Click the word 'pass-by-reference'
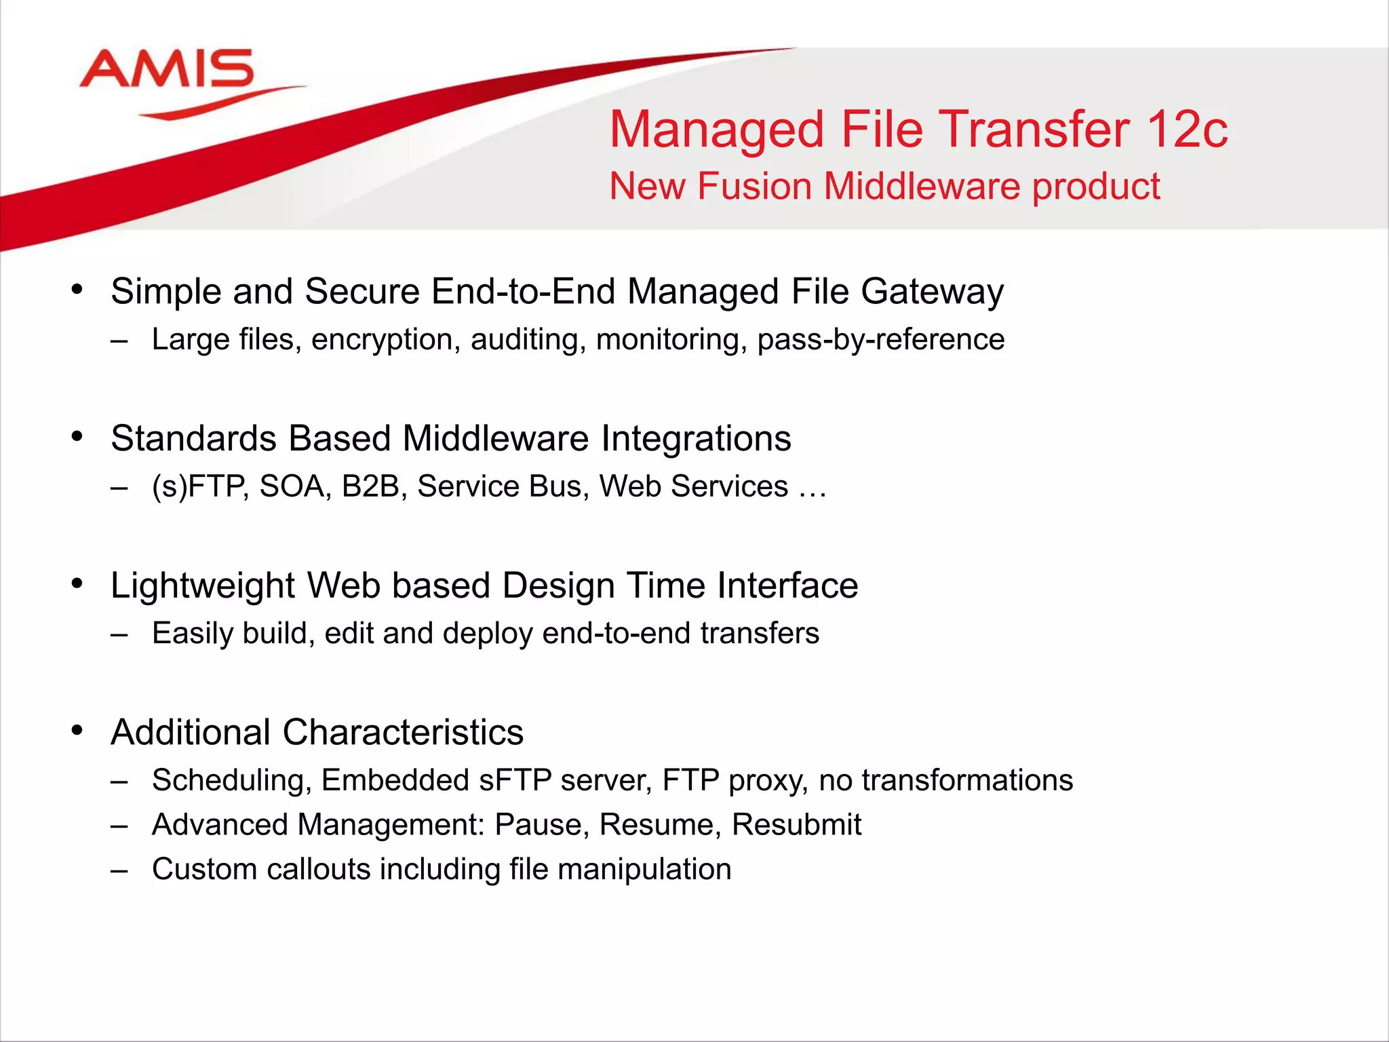(880, 340)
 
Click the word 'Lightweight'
(203, 586)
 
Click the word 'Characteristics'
(403, 733)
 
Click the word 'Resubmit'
(796, 825)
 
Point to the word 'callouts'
(319, 870)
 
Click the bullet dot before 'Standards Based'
(77, 437)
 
